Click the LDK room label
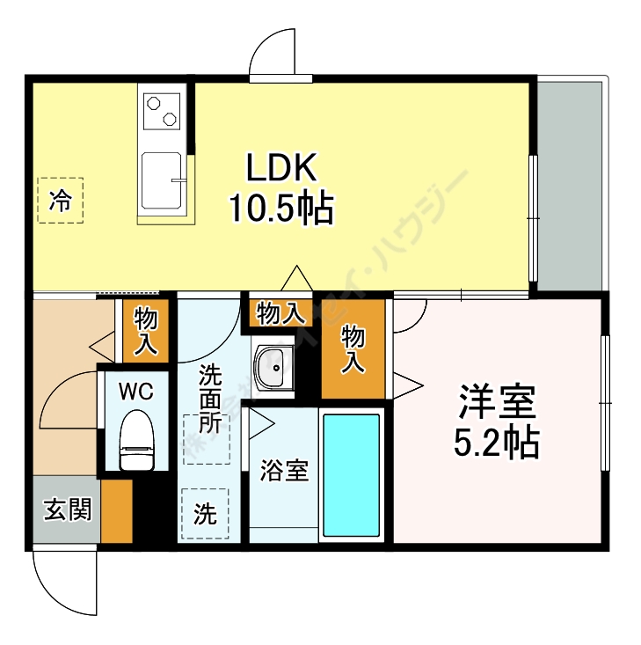click(x=280, y=167)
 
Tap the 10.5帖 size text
click(x=280, y=209)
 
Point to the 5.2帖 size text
click(x=496, y=443)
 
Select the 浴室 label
click(x=283, y=471)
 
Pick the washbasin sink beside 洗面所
click(x=273, y=364)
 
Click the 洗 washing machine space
click(x=204, y=514)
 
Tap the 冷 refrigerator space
click(x=60, y=200)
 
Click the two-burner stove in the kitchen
click(x=163, y=112)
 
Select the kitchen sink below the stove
click(x=163, y=180)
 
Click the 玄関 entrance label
click(x=67, y=509)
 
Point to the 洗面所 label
click(x=209, y=399)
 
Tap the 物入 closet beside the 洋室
click(x=353, y=348)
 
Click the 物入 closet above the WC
click(x=145, y=330)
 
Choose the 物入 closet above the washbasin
click(x=280, y=312)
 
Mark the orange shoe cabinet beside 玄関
click(x=116, y=510)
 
